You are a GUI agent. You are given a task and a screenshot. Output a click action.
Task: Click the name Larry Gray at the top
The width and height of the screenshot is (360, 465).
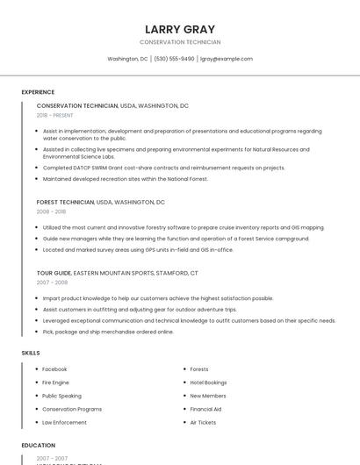tap(180, 29)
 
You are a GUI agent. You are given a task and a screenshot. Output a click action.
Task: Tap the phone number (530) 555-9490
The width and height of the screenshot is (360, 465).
tap(174, 59)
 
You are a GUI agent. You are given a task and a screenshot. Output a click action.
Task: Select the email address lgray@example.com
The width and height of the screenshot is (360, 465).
tap(227, 59)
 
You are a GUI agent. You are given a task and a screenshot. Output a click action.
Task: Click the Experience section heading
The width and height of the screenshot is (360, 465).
tap(38, 92)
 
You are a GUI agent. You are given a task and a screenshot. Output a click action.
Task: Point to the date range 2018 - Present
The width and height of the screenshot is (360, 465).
tap(54, 115)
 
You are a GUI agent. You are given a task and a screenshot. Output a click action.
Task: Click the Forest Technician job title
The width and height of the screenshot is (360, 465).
tap(65, 202)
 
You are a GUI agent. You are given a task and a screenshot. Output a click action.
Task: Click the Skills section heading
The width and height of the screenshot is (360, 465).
tap(30, 353)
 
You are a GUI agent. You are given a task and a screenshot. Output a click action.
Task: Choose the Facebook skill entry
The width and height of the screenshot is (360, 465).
tap(54, 369)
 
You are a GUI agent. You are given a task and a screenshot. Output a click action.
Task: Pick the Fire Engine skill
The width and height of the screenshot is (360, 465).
tap(55, 383)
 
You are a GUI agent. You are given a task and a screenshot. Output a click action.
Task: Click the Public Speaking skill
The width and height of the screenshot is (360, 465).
tap(61, 396)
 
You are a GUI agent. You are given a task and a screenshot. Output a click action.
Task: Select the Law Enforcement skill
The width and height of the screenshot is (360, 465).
tap(64, 422)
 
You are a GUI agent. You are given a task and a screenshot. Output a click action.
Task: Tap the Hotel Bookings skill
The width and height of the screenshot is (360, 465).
tap(208, 383)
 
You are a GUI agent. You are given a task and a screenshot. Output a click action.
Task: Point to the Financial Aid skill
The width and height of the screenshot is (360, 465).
tap(205, 409)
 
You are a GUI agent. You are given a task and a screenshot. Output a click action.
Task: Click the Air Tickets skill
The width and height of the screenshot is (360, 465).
tap(203, 422)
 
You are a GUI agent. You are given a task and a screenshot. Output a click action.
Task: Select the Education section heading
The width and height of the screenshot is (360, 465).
tap(38, 446)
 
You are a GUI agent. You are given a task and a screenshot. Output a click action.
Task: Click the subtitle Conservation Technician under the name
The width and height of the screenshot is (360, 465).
tap(180, 42)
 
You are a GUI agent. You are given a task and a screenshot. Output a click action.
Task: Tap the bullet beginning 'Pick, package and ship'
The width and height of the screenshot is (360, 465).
tap(108, 332)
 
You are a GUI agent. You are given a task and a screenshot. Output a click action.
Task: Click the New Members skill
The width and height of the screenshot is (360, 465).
tap(208, 396)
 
